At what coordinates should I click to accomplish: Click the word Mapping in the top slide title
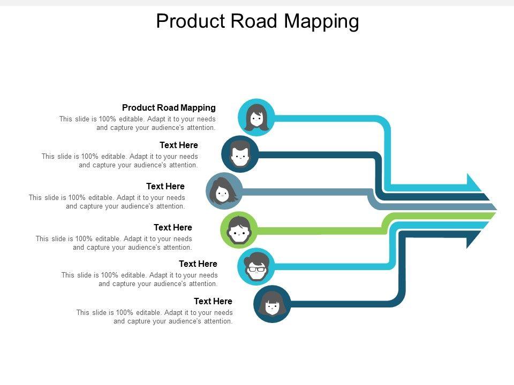321,22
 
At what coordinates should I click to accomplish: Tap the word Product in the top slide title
191,21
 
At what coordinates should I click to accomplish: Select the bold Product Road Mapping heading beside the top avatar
169,107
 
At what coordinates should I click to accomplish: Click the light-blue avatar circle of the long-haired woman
256,117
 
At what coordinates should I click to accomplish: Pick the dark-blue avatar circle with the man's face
240,154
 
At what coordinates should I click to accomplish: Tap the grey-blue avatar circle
224,191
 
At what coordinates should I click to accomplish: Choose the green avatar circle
239,230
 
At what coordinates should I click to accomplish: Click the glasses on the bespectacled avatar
256,269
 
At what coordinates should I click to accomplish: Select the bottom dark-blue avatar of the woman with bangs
272,304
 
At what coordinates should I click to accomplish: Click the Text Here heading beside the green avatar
173,227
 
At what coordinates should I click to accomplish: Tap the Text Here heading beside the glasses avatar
198,264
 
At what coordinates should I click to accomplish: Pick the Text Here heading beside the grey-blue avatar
165,186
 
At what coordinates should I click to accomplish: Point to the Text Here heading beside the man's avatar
179,145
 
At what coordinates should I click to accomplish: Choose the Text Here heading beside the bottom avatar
213,301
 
